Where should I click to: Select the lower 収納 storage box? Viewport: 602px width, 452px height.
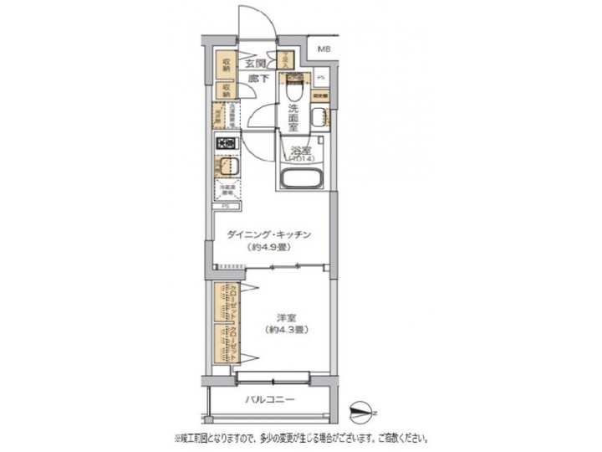[x=227, y=89]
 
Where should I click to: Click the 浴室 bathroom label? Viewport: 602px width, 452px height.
[x=298, y=152]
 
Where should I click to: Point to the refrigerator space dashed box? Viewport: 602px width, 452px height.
[x=227, y=190]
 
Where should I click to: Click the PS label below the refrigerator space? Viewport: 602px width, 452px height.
[x=227, y=206]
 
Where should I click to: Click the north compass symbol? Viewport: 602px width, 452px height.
[x=360, y=409]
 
